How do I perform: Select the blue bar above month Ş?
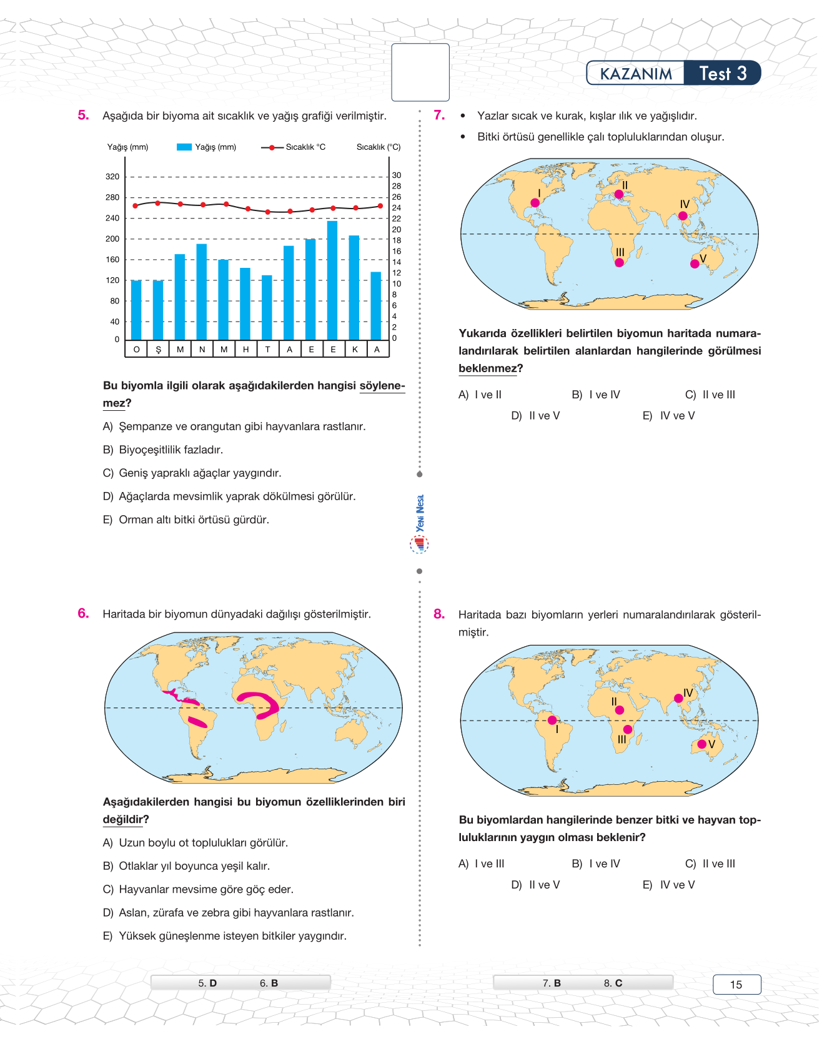click(158, 310)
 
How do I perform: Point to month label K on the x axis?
click(355, 350)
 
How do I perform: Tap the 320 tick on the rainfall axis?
click(112, 177)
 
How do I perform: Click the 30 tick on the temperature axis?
click(397, 175)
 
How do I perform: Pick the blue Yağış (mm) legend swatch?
click(184, 147)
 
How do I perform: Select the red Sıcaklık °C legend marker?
click(272, 147)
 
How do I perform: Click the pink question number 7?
click(439, 115)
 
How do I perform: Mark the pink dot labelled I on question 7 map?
click(535, 203)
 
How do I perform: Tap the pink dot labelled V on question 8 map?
click(701, 744)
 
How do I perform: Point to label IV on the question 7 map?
click(685, 205)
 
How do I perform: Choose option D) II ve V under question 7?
click(535, 416)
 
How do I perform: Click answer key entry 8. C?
click(613, 983)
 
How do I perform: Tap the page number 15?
click(736, 985)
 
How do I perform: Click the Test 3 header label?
click(723, 74)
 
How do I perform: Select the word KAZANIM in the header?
click(636, 74)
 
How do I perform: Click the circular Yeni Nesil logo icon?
click(419, 545)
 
